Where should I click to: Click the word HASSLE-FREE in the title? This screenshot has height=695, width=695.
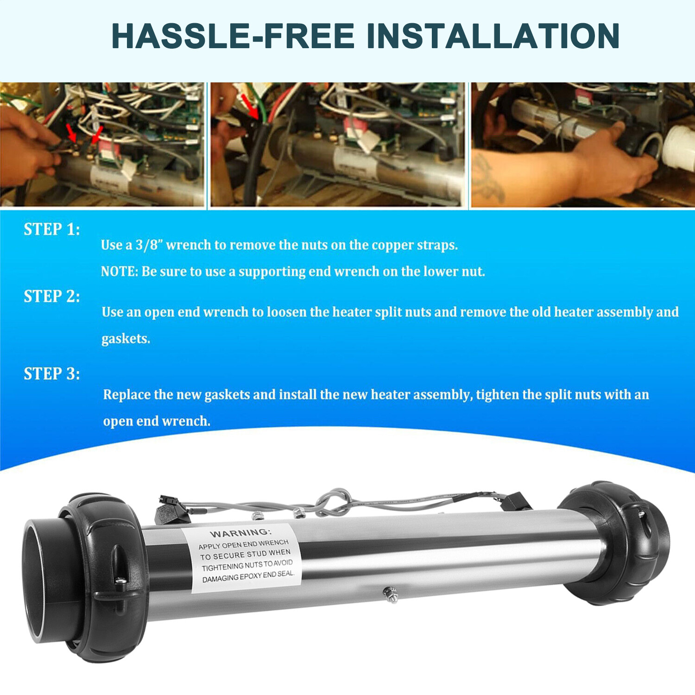tap(233, 36)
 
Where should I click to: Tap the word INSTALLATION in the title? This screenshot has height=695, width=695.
tap(493, 36)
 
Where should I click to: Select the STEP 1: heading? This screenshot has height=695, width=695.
tap(52, 229)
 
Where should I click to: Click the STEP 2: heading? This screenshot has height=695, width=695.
tap(52, 297)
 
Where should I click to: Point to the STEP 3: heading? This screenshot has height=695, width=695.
tap(52, 374)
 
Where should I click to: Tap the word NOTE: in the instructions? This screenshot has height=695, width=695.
tap(120, 271)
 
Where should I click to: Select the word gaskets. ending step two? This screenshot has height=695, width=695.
tap(126, 339)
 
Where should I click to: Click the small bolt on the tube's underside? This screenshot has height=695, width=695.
tap(391, 594)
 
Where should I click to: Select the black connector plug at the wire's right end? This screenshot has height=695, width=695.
tap(513, 501)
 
